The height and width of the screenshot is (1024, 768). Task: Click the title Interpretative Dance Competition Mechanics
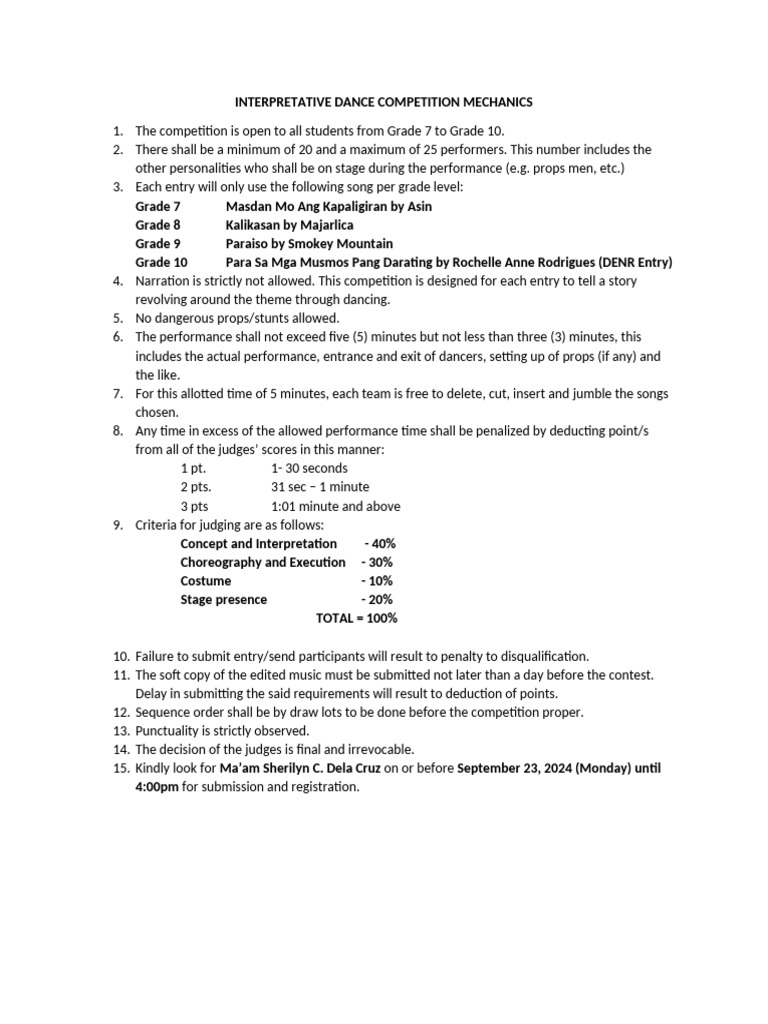pos(384,102)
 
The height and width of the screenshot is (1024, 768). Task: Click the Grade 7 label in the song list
pos(158,206)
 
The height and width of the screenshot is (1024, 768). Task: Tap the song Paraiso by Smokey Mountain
pos(309,244)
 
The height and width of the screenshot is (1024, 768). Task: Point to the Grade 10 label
pos(161,262)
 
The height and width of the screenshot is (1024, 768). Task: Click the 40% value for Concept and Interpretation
pos(380,543)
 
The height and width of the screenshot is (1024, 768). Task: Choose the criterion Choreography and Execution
pos(262,562)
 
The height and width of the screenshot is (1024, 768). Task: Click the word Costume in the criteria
pos(205,581)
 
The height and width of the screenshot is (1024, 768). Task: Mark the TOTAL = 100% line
pos(356,618)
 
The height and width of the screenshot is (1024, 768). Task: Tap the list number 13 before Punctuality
pos(120,730)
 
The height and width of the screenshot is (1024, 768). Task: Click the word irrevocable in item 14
pos(377,749)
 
